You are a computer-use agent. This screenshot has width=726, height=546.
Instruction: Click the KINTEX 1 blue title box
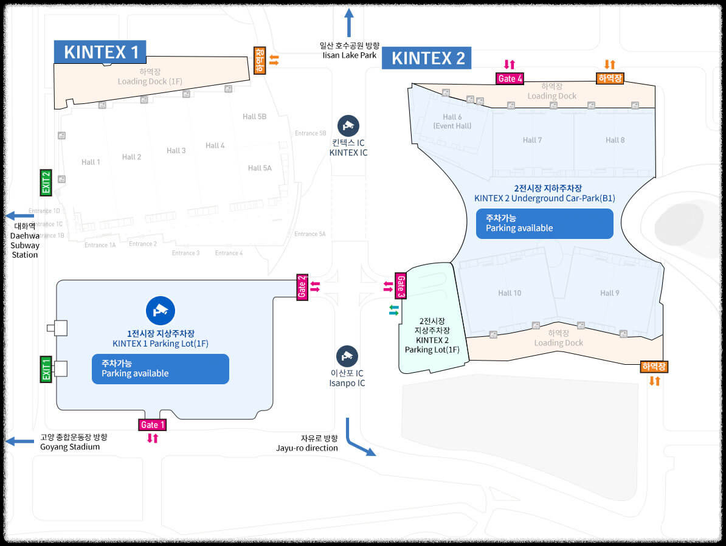click(x=100, y=52)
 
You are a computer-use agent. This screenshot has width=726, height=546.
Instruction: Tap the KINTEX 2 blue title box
click(x=428, y=58)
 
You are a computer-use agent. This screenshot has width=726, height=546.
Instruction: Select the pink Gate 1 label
click(x=152, y=424)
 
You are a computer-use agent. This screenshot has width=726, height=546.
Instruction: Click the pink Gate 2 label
click(x=302, y=286)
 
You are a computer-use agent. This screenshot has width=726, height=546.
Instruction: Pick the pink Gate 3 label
click(x=401, y=286)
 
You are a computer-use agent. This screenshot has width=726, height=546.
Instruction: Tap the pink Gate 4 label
click(x=510, y=78)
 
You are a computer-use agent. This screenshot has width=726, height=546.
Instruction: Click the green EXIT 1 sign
click(x=46, y=369)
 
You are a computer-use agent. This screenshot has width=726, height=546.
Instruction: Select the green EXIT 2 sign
click(x=46, y=182)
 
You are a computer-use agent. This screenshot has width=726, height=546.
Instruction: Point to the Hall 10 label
click(x=509, y=293)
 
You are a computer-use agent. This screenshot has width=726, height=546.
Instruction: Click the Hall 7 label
click(x=532, y=140)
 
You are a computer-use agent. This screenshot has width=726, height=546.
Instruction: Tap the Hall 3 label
click(x=176, y=150)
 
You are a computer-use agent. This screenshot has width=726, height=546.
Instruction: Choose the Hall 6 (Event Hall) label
click(x=452, y=122)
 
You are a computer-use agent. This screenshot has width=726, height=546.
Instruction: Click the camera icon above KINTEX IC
click(x=348, y=125)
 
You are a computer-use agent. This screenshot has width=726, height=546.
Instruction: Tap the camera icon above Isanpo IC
click(x=347, y=356)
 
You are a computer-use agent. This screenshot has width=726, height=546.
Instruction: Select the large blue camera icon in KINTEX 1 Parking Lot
click(x=161, y=310)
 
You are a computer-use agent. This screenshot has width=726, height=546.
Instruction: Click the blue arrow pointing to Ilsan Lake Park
click(x=349, y=23)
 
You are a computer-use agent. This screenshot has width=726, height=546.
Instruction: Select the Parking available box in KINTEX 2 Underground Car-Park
click(x=544, y=223)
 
